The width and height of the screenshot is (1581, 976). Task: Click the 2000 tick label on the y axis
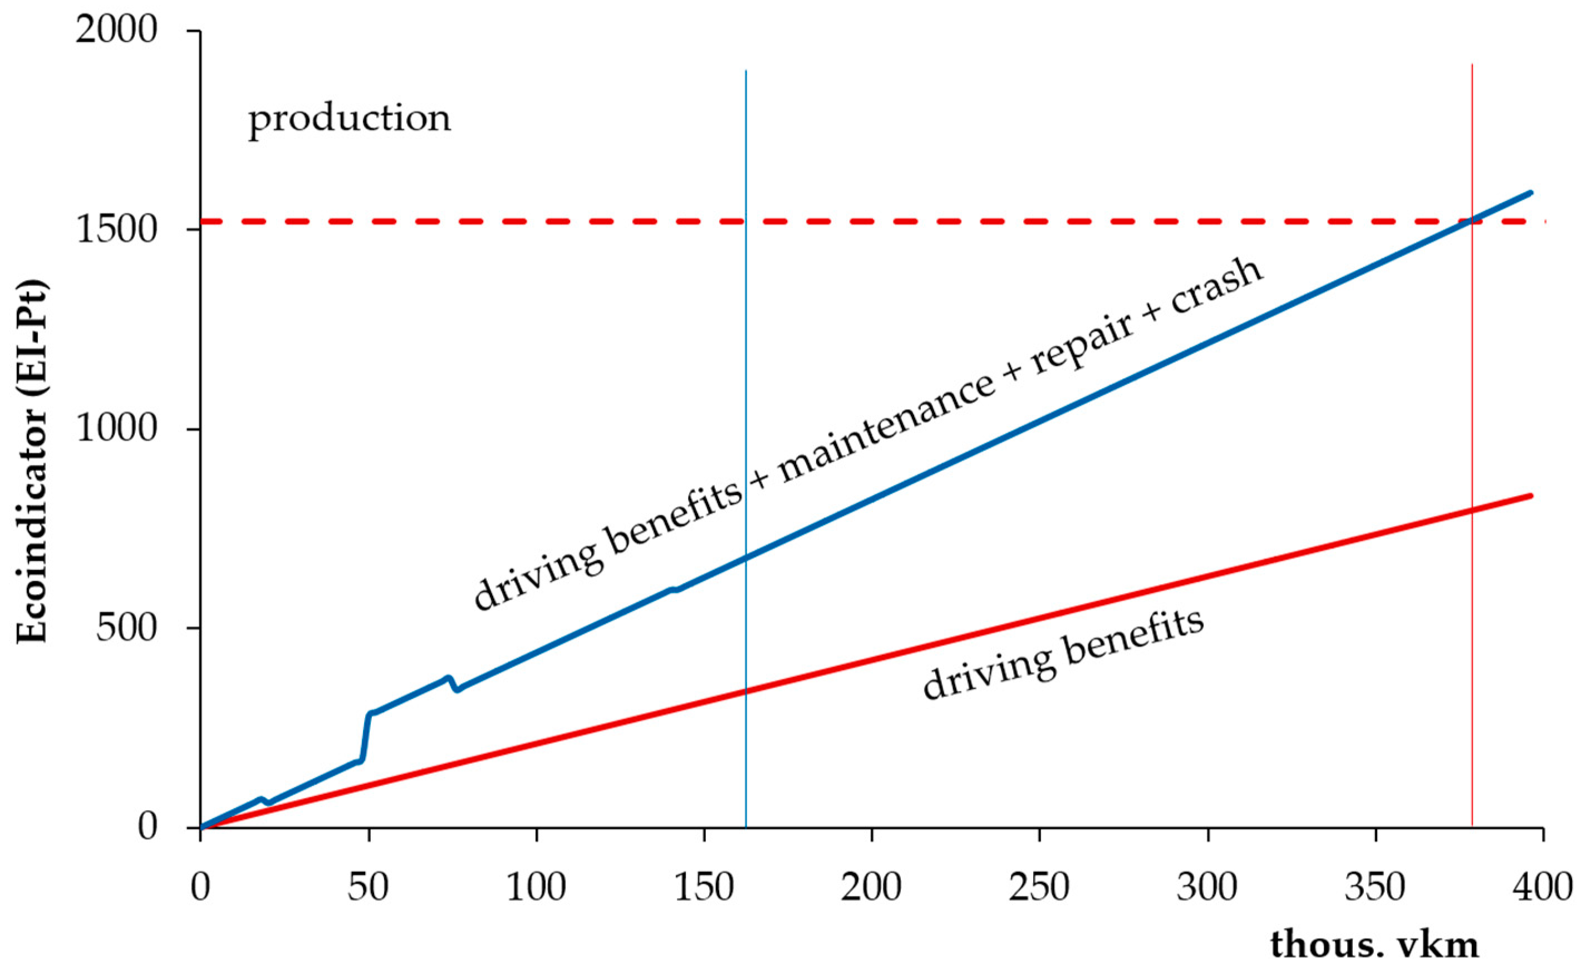pyautogui.click(x=116, y=30)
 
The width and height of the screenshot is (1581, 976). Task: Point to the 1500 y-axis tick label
pyautogui.click(x=116, y=230)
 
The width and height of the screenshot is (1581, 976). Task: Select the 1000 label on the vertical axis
pyautogui.click(x=116, y=429)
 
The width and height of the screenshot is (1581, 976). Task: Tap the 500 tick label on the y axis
pyautogui.click(x=126, y=627)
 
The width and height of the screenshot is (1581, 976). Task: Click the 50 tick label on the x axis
pyautogui.click(x=368, y=887)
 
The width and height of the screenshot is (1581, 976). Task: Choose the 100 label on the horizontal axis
pyautogui.click(x=536, y=887)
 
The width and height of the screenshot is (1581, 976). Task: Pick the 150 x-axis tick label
pyautogui.click(x=704, y=887)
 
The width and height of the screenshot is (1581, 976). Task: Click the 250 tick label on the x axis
pyautogui.click(x=1039, y=887)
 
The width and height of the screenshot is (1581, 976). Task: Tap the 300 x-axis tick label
pyautogui.click(x=1207, y=887)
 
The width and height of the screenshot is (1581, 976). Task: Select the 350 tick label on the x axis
pyautogui.click(x=1374, y=887)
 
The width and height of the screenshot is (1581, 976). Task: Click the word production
pyautogui.click(x=350, y=119)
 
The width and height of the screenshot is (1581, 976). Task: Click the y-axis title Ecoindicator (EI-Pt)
pyautogui.click(x=32, y=461)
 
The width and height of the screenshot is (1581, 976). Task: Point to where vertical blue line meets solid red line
pyautogui.click(x=746, y=691)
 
